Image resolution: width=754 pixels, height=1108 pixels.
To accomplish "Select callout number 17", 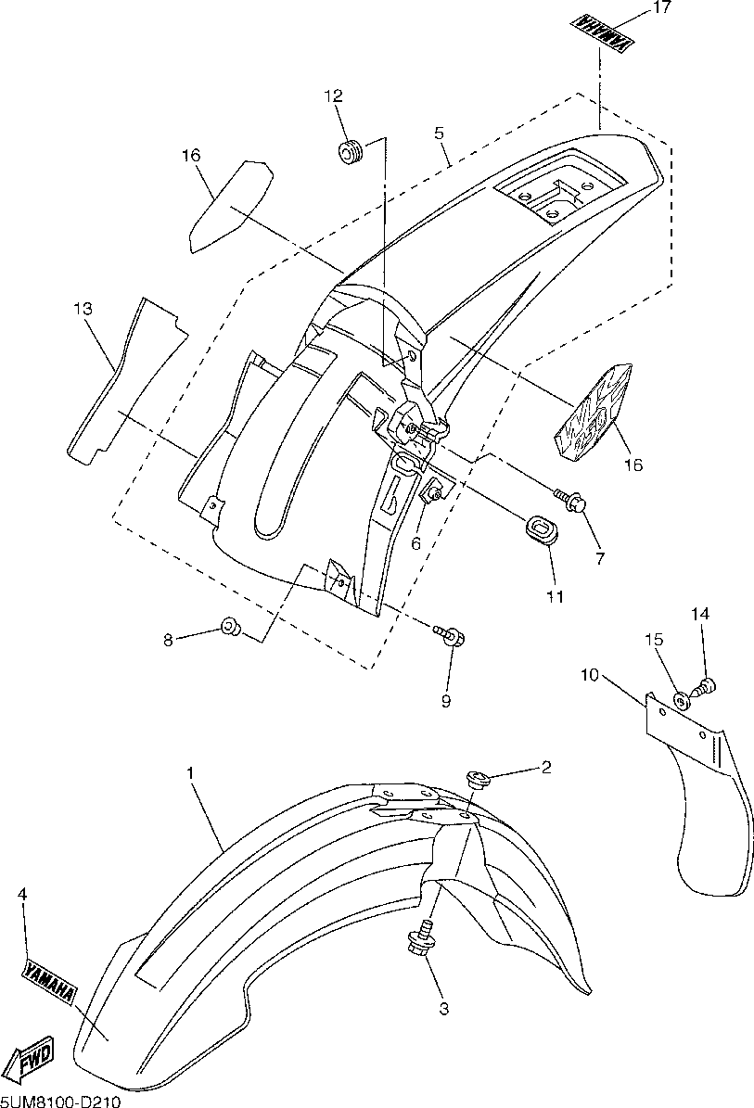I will [x=660, y=9].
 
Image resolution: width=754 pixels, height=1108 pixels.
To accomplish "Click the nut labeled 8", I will [x=229, y=630].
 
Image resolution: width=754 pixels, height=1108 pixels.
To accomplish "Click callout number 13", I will [x=83, y=310].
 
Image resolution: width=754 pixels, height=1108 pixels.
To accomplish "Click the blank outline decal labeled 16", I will [x=230, y=205].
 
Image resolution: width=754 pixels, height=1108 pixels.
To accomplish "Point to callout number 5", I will [x=440, y=134].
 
